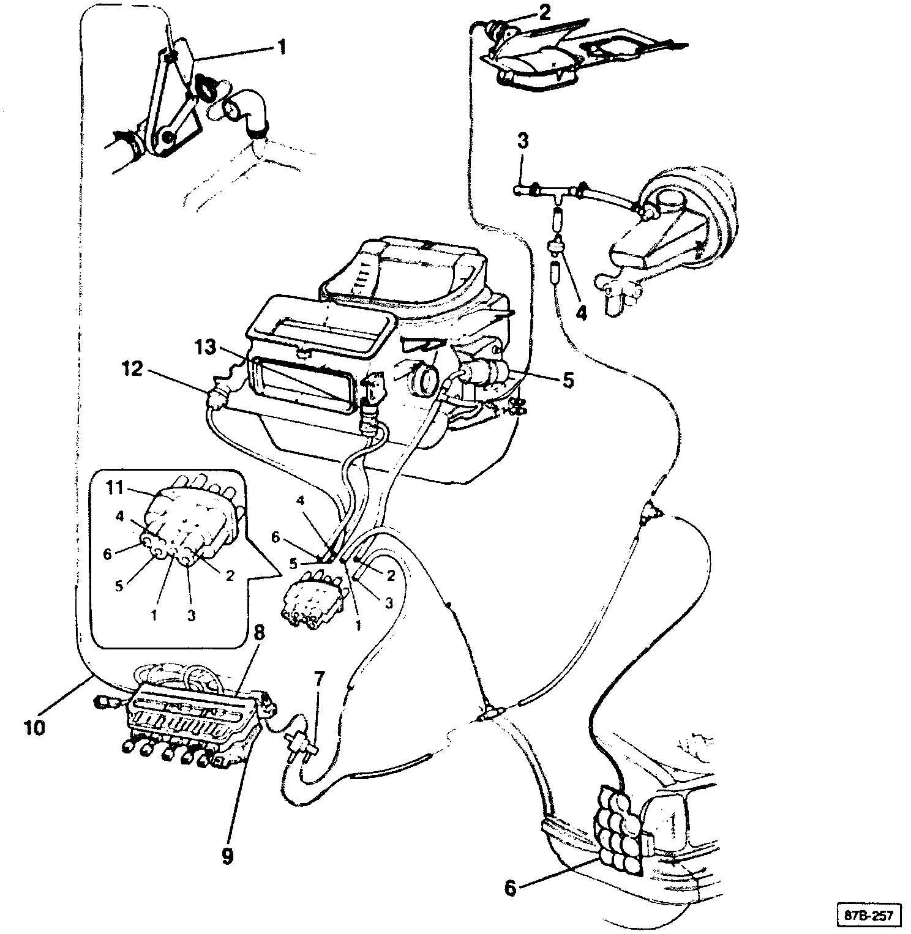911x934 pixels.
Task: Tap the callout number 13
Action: click(206, 348)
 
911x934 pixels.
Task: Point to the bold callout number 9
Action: click(227, 856)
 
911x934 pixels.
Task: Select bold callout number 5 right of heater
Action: click(568, 380)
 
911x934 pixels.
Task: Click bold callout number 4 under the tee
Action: click(580, 312)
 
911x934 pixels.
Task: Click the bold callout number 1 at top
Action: click(282, 47)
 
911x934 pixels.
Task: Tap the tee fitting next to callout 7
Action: click(301, 744)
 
